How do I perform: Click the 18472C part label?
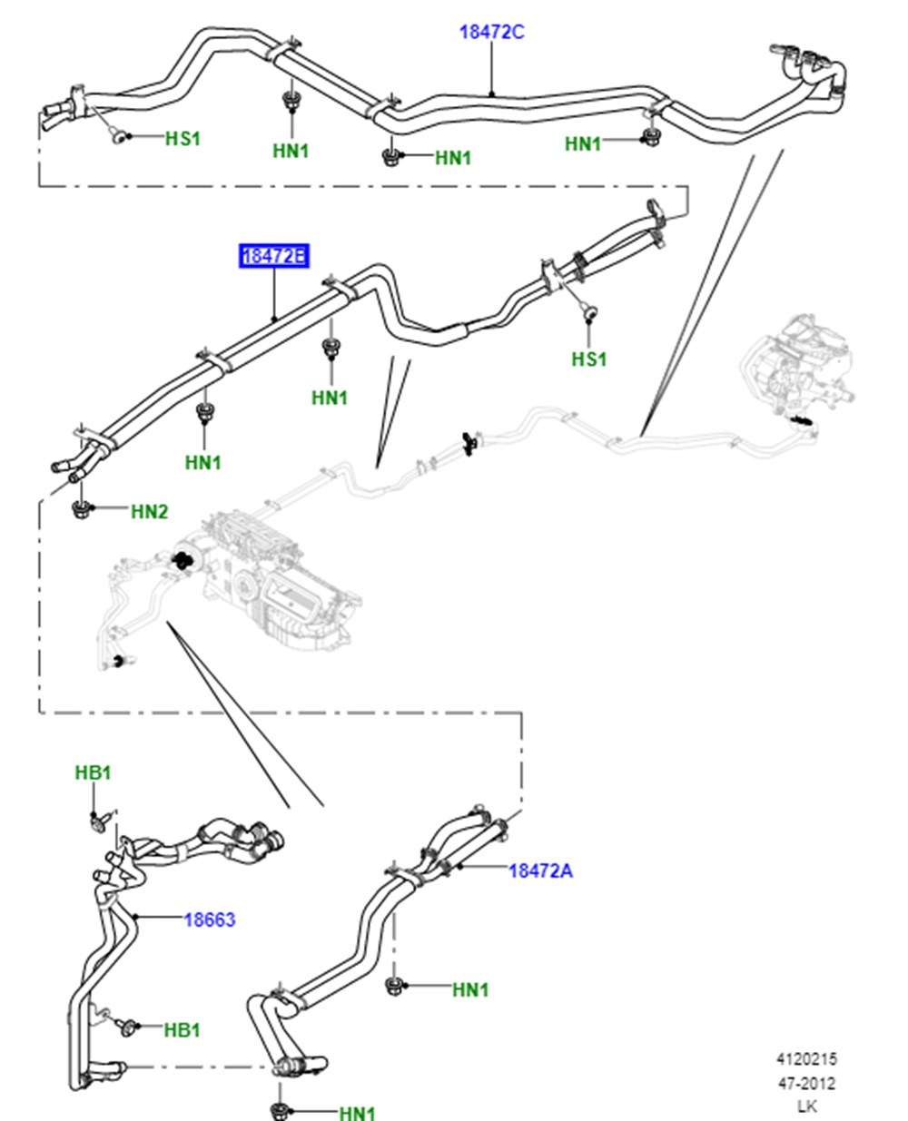click(x=491, y=32)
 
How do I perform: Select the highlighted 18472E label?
click(x=273, y=256)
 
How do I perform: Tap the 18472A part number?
click(x=540, y=870)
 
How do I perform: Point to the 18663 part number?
click(x=210, y=919)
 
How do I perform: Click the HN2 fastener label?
click(x=150, y=511)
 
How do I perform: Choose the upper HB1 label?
click(x=94, y=772)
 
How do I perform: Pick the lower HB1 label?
click(x=183, y=1030)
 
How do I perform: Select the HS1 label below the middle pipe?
click(x=589, y=359)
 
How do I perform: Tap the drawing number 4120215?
click(x=807, y=1059)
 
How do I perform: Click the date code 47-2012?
click(x=807, y=1084)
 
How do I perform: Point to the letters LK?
click(x=807, y=1106)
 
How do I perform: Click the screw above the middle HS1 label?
click(x=590, y=311)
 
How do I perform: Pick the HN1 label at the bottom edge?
click(x=358, y=1113)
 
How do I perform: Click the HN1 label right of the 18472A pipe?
click(x=470, y=989)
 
